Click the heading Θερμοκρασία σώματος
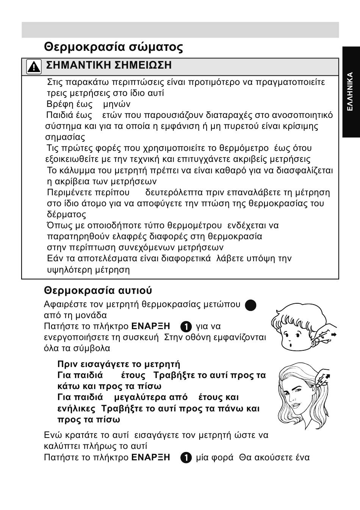pyautogui.click(x=113, y=47)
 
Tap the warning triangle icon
pyautogui.click(x=34, y=67)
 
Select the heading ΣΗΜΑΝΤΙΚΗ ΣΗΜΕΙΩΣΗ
pyautogui.click(x=109, y=65)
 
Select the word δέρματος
pyautogui.click(x=66, y=215)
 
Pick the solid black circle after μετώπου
pyautogui.click(x=250, y=305)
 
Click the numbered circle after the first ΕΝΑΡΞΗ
pyautogui.click(x=186, y=326)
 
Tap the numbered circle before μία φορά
pyautogui.click(x=186, y=458)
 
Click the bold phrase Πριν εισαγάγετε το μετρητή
pyautogui.click(x=119, y=364)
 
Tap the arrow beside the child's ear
pyautogui.click(x=333, y=334)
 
